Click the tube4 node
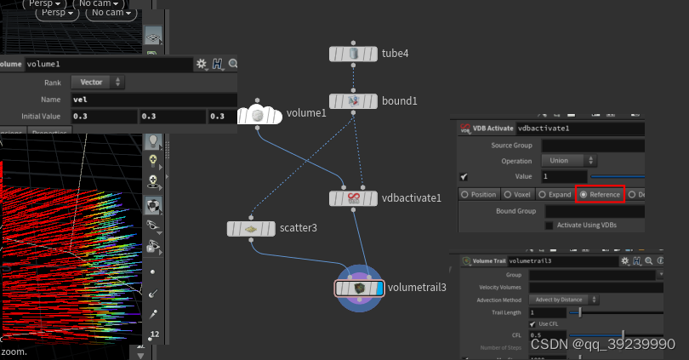pyautogui.click(x=353, y=54)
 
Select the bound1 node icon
pyautogui.click(x=353, y=101)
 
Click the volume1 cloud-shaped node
pyautogui.click(x=257, y=114)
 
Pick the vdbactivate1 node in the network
pyautogui.click(x=353, y=198)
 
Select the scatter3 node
pyautogui.click(x=251, y=229)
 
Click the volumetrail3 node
pyautogui.click(x=360, y=289)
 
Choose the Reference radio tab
pyautogui.click(x=601, y=194)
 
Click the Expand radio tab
pyautogui.click(x=555, y=194)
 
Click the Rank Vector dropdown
pyautogui.click(x=97, y=83)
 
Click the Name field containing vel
pyautogui.click(x=153, y=100)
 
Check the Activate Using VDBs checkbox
pyautogui.click(x=549, y=225)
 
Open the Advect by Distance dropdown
pyautogui.click(x=566, y=300)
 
